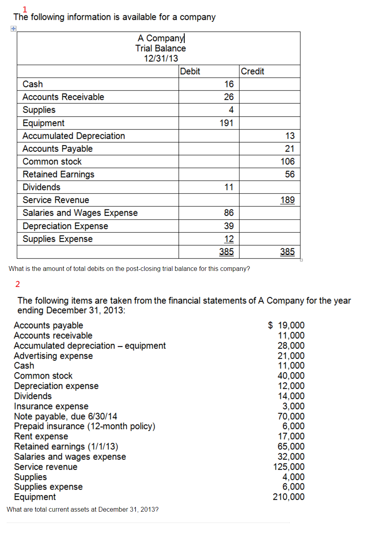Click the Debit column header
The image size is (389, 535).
pos(190,71)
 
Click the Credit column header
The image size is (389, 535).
pos(252,71)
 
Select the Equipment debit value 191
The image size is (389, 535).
pos(226,123)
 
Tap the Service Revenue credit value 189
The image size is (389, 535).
pos(287,200)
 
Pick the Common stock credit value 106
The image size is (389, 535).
pos(287,162)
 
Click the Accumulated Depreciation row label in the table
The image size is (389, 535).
pos(74,136)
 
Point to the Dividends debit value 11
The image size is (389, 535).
pos(229,187)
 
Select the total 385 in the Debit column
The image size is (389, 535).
pos(226,252)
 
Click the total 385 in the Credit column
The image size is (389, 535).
pos(287,252)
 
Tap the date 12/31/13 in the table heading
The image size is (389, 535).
pos(161,58)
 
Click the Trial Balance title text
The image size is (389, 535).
pos(160,48)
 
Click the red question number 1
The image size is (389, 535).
pos(25,9)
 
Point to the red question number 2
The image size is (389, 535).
pos(18,284)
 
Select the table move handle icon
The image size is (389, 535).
pos(13,29)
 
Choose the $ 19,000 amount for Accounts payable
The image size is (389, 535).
pos(286,325)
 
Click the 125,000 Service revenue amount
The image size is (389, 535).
pos(289,467)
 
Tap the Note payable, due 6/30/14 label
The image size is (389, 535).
pos(66,416)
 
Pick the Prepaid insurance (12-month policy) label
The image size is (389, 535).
pos(84,426)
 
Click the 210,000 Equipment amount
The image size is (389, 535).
pos(289,497)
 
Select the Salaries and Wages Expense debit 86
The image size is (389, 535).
pos(229,213)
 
